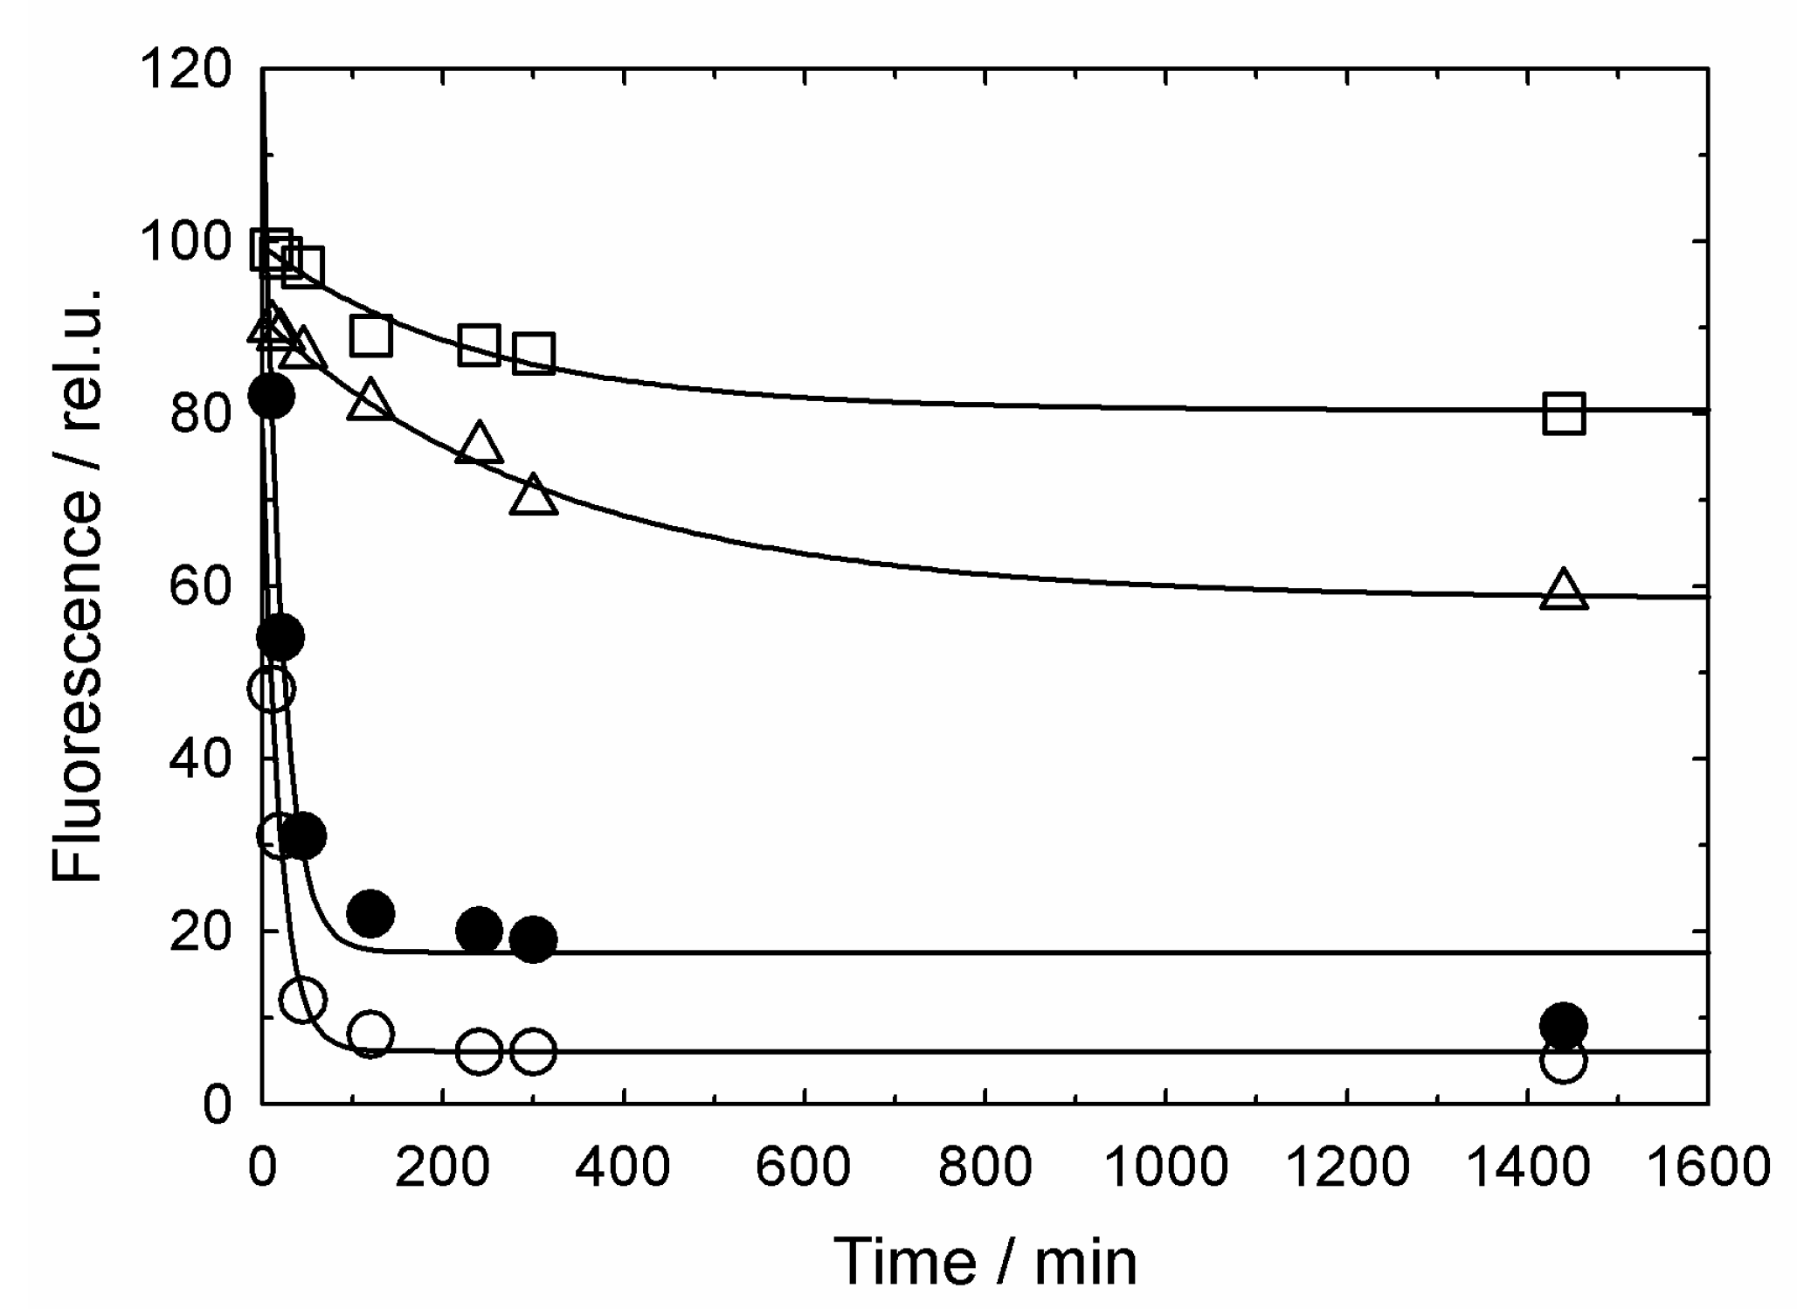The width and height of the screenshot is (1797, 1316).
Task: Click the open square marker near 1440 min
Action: pos(1563,413)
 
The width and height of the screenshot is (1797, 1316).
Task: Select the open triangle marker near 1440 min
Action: pos(1563,592)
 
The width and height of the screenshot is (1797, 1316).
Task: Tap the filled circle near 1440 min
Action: pos(1563,1025)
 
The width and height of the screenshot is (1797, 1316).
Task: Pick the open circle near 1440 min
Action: pos(1563,1060)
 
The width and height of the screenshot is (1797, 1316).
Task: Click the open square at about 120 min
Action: pos(370,336)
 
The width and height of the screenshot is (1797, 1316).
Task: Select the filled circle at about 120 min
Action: pos(370,914)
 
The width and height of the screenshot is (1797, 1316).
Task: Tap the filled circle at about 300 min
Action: pos(533,939)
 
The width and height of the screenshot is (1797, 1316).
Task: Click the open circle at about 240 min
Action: pos(479,1052)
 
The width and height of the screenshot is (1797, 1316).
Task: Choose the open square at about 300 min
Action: pos(533,353)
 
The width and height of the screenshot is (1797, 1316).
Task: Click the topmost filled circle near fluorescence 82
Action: pos(271,396)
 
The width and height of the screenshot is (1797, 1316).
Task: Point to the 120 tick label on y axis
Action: pos(189,70)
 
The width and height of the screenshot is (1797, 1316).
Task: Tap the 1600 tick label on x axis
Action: pos(1708,1167)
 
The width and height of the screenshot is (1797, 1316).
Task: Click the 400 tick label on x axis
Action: pos(624,1167)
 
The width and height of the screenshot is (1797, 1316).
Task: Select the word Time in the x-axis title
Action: pos(904,1262)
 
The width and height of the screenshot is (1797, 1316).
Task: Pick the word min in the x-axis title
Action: pos(1086,1262)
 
